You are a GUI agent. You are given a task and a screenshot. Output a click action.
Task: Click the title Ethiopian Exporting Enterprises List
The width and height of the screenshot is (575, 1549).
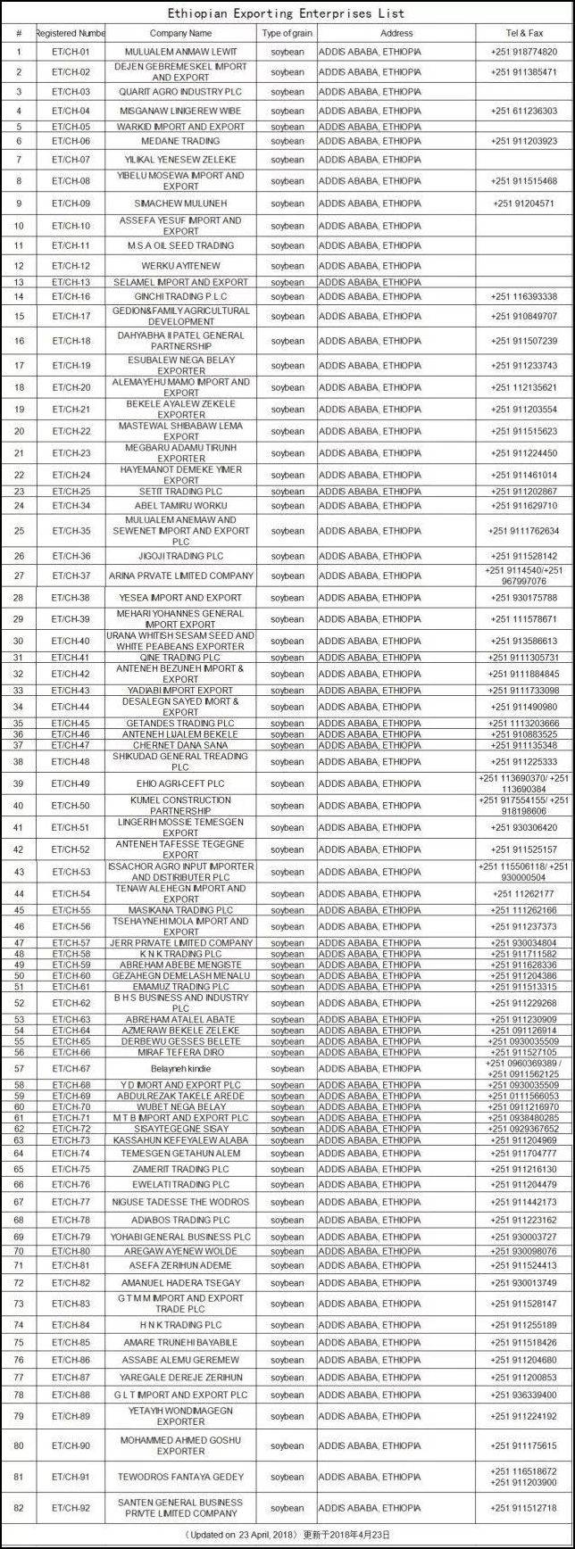click(287, 13)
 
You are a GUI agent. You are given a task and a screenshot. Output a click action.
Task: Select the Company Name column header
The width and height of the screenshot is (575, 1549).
click(181, 33)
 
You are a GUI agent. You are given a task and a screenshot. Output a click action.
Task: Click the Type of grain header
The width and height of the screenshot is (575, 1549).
click(287, 33)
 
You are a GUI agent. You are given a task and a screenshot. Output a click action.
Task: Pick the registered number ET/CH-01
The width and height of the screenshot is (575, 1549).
click(71, 52)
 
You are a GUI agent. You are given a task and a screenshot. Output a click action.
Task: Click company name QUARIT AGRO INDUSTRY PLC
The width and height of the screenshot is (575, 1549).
click(181, 92)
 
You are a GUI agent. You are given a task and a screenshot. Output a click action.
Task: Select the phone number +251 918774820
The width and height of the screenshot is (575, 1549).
click(523, 52)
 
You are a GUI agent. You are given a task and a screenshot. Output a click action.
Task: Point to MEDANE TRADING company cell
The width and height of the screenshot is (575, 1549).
click(181, 141)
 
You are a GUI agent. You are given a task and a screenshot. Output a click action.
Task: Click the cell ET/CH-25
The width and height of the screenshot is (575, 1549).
click(71, 492)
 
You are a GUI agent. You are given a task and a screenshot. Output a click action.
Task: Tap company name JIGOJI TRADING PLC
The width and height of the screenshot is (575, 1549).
click(181, 556)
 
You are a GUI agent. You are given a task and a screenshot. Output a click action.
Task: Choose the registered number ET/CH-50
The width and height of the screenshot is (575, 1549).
click(71, 806)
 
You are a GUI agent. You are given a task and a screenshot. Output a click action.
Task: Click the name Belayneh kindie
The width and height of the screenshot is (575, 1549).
click(181, 1069)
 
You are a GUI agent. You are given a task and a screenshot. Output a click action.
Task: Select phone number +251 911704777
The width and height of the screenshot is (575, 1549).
click(523, 1153)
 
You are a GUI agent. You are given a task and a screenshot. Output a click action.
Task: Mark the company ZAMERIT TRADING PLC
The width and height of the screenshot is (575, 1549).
click(181, 1169)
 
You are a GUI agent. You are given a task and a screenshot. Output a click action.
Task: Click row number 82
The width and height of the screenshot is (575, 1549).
click(19, 1508)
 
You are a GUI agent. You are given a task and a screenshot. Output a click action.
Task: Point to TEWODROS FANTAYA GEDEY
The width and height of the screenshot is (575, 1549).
click(181, 1477)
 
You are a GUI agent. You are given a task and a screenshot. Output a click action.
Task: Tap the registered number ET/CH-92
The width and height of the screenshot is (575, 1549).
click(71, 1508)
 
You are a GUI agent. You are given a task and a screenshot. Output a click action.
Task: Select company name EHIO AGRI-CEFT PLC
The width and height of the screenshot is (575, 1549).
click(181, 783)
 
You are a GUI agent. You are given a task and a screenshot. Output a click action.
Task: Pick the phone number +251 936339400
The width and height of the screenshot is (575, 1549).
click(523, 1395)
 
